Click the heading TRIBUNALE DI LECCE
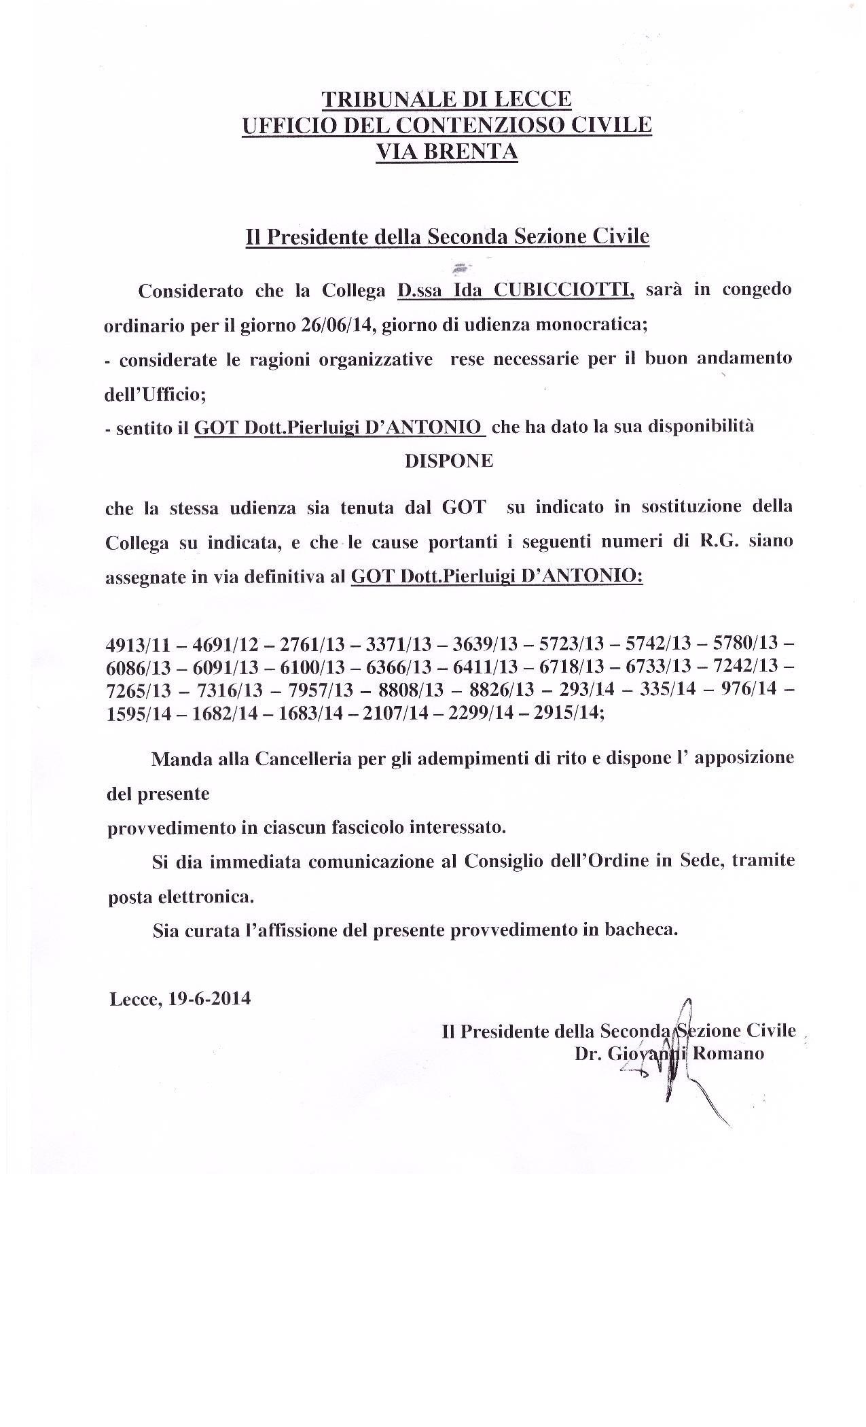click(446, 100)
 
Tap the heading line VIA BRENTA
click(447, 152)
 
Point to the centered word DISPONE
click(449, 461)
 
